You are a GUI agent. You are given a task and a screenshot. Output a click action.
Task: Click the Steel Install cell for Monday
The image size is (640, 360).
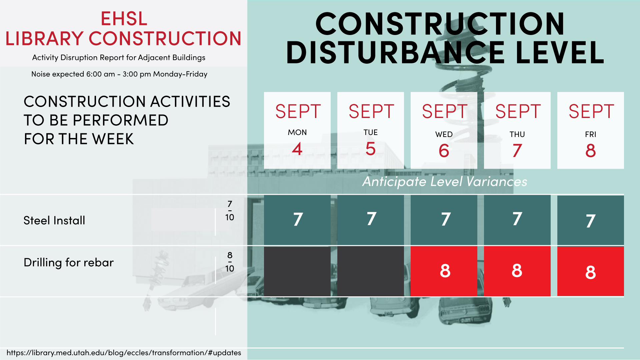(x=297, y=220)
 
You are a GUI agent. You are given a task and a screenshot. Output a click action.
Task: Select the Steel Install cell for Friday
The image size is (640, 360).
(x=591, y=220)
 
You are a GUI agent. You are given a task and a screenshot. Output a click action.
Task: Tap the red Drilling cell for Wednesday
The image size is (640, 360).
(x=444, y=271)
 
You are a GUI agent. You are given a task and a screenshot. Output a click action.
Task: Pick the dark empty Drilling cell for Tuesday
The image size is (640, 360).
(x=371, y=271)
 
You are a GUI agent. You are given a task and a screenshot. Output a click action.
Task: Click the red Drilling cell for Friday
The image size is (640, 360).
(x=591, y=271)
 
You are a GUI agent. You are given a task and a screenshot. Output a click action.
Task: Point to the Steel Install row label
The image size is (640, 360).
(x=54, y=220)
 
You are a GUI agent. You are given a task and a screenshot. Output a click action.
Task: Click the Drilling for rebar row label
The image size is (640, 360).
(x=69, y=263)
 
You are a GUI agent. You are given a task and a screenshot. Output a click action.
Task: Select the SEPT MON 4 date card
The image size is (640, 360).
(x=297, y=130)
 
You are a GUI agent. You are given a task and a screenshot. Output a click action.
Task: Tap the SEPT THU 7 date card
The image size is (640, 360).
(x=517, y=130)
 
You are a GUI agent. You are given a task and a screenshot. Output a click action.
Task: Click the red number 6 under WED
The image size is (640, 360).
(x=444, y=151)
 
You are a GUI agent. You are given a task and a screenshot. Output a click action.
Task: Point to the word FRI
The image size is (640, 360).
(x=591, y=134)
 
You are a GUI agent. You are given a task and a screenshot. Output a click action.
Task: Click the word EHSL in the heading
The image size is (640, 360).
(x=124, y=19)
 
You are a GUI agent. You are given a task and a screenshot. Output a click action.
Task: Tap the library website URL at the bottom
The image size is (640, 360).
(x=124, y=353)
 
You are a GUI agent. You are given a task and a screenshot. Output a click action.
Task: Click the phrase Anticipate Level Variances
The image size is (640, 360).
(x=445, y=182)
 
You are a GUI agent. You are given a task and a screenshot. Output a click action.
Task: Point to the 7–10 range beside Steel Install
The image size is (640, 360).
(x=230, y=211)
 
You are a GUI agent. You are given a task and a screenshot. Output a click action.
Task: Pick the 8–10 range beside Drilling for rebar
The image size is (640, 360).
(x=230, y=262)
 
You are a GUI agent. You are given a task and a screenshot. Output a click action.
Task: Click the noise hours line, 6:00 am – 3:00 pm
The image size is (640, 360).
(x=119, y=74)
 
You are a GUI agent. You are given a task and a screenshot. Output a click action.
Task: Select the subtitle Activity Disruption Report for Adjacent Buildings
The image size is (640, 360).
(x=119, y=58)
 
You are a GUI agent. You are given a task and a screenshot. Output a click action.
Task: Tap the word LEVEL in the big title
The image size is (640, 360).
(x=560, y=52)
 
